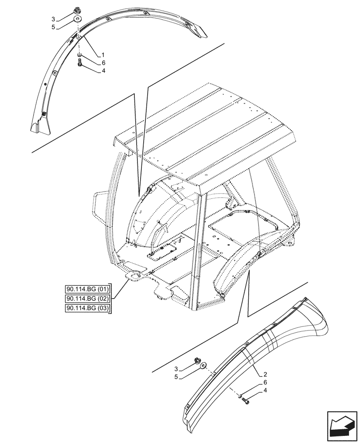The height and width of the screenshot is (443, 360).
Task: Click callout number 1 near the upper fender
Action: tap(103, 55)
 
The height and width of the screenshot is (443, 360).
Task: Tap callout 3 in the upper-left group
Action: tap(53, 19)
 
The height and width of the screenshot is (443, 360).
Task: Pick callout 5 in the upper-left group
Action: tap(53, 27)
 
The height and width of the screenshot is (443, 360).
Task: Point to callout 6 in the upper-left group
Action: tap(103, 63)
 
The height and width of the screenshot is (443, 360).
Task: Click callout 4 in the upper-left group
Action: tap(103, 70)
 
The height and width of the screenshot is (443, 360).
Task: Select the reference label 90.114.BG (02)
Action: tap(88, 299)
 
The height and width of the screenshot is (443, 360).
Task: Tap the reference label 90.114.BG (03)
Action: tap(88, 308)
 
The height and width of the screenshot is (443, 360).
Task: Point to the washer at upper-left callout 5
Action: tap(78, 19)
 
